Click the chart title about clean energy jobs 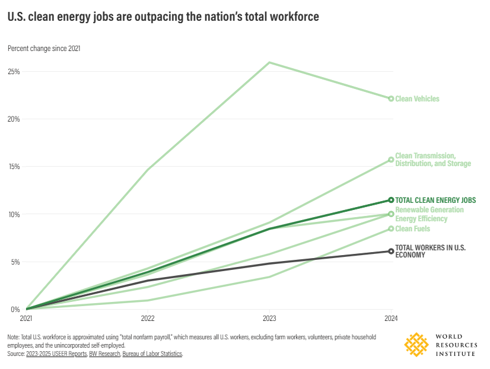(x=163, y=17)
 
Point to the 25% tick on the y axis (x=14, y=72)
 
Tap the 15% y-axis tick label (x=14, y=167)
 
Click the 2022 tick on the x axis (x=148, y=319)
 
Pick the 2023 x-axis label (x=269, y=319)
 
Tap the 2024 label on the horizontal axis (x=390, y=319)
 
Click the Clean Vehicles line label (x=417, y=99)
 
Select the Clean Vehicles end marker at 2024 (x=391, y=98)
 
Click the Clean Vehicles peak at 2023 (x=269, y=62)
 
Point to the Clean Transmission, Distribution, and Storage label (x=433, y=160)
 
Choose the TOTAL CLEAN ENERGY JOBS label (x=435, y=201)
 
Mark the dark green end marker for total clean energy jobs (x=391, y=200)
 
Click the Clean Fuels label (x=412, y=229)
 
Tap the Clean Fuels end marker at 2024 (x=391, y=228)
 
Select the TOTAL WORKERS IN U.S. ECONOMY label (x=430, y=252)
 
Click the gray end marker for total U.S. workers (x=391, y=251)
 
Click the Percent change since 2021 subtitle (x=44, y=49)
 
